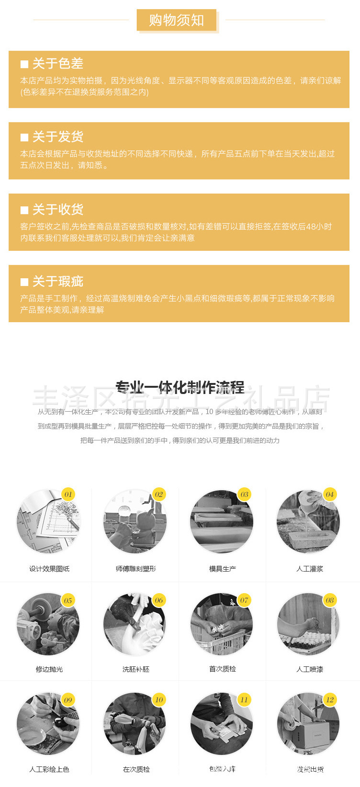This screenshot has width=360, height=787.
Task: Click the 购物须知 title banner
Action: [x=177, y=20]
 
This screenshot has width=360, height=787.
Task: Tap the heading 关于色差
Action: [x=57, y=64]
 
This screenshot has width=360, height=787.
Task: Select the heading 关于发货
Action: [x=57, y=137]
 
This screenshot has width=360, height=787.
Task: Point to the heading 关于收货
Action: [x=57, y=210]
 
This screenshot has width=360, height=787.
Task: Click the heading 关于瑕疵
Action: [x=57, y=281]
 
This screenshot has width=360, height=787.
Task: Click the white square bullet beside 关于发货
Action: [x=24, y=137]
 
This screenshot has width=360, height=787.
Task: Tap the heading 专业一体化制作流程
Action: [x=180, y=387]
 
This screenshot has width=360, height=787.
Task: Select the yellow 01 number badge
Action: [x=68, y=495]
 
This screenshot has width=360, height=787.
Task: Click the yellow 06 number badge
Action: [x=158, y=600]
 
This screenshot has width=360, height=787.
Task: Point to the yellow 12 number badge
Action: [x=330, y=700]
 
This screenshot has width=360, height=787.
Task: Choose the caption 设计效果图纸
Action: [x=49, y=569]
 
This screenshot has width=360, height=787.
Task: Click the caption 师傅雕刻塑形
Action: [x=135, y=569]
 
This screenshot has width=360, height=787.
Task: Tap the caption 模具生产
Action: [x=222, y=569]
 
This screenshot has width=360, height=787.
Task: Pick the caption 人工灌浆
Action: [x=309, y=569]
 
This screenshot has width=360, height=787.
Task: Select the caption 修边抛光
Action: [x=49, y=669]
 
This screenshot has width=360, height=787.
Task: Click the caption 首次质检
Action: [x=222, y=669]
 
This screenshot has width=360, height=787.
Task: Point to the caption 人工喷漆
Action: [x=309, y=669]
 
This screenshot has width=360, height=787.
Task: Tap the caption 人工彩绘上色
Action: [x=49, y=769]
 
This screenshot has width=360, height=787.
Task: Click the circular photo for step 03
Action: [x=221, y=522]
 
